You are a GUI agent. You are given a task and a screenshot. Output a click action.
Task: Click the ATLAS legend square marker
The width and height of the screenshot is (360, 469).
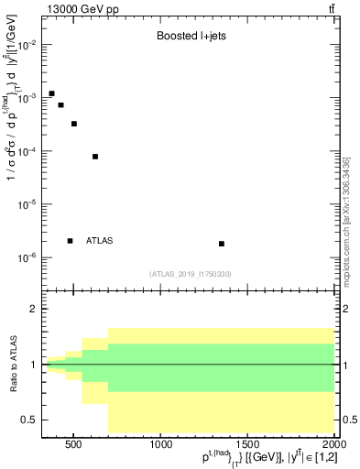coord(70,241)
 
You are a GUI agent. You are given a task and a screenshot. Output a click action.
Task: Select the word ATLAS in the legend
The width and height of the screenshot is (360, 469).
coord(99,241)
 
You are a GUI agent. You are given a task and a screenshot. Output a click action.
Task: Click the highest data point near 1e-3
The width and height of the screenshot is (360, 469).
coord(51,93)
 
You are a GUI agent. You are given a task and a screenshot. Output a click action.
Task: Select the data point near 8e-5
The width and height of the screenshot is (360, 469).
coord(95,157)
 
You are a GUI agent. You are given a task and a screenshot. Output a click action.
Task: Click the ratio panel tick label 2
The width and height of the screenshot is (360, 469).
coord(33,310)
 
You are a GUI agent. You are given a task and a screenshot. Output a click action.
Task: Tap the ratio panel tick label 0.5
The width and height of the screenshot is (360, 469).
coord(29,420)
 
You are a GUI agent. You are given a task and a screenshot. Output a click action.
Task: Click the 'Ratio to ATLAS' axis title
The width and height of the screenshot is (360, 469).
coord(12,365)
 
